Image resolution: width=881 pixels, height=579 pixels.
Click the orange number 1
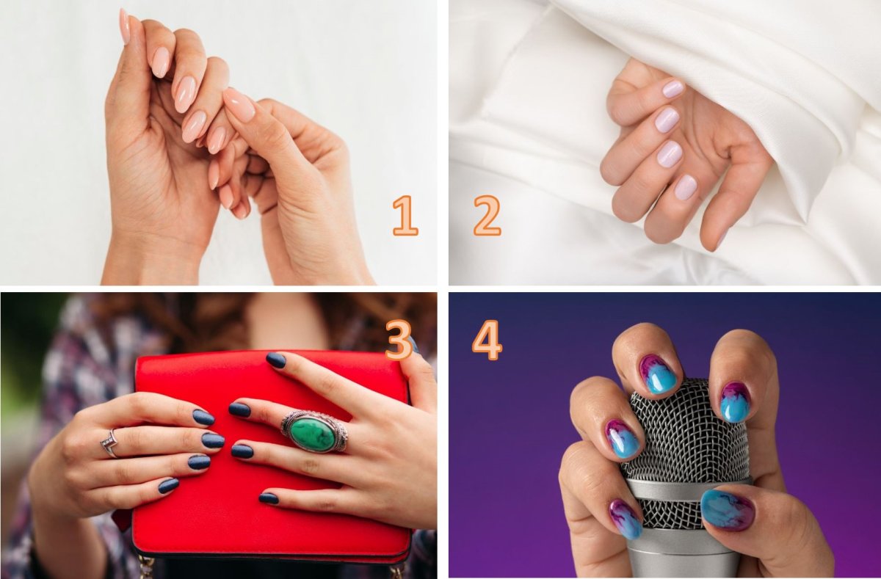point(405,216)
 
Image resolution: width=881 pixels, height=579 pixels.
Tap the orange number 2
point(487,216)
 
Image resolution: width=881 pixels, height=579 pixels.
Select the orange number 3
point(399,341)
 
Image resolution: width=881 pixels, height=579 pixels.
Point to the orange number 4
point(487,341)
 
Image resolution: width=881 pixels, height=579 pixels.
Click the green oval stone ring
point(314,431)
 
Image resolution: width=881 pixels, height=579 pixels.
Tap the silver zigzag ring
point(109,444)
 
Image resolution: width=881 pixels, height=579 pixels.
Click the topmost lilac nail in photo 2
point(673,90)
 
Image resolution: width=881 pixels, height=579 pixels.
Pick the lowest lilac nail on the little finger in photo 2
point(686,186)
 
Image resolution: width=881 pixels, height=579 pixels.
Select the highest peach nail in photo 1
point(124,26)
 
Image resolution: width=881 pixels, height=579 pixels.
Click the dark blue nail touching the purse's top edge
point(276,360)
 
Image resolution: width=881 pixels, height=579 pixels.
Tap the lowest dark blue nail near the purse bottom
point(269,498)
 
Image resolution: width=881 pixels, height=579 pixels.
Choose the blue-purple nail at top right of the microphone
point(735,401)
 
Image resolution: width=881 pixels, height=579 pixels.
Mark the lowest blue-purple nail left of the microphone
point(626,519)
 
